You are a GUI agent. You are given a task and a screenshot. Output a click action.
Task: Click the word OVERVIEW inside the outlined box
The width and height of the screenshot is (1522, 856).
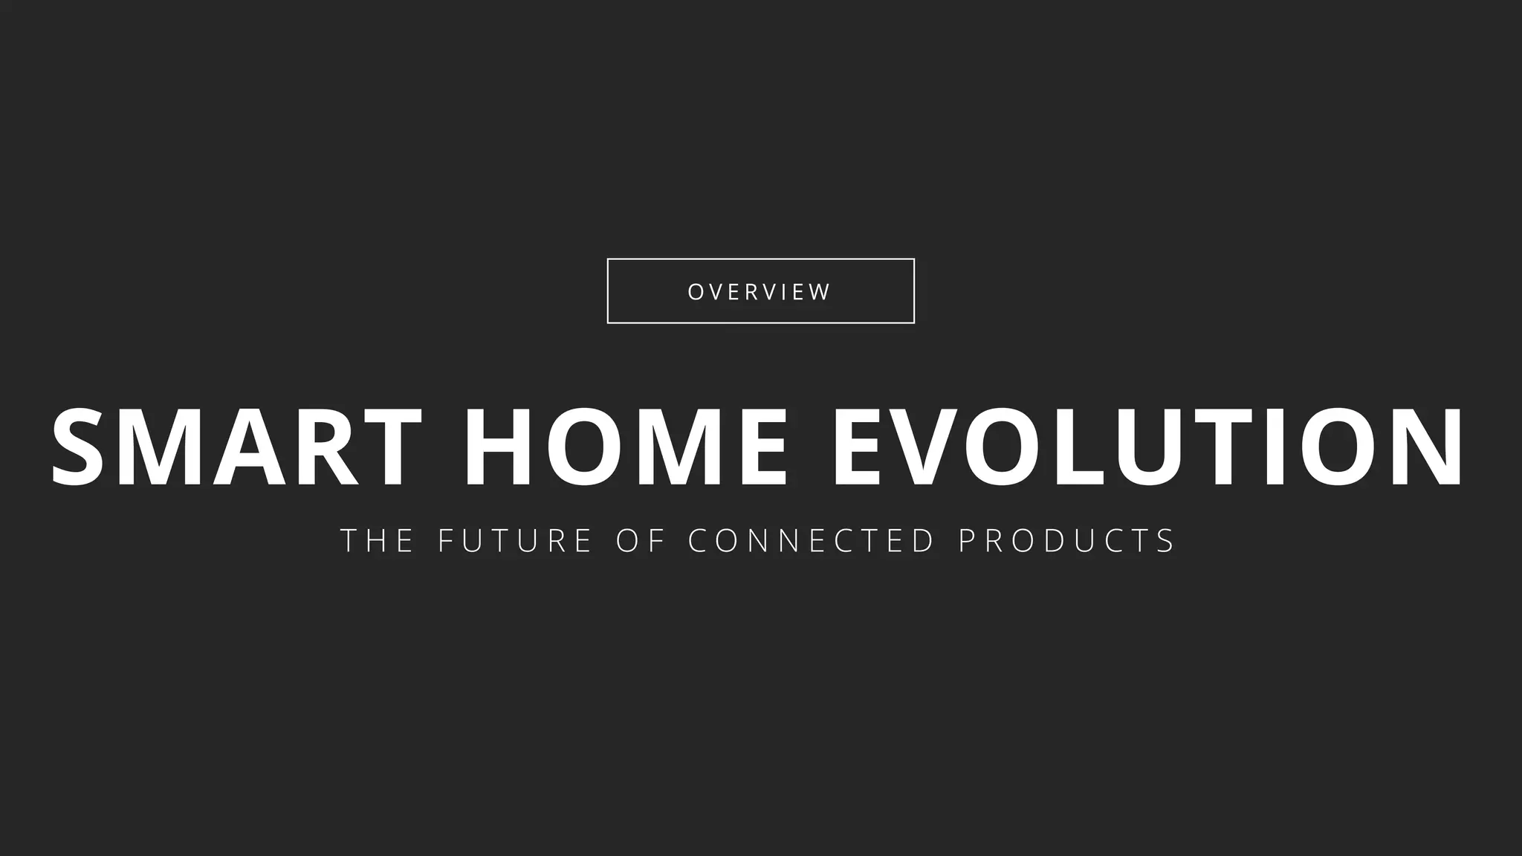(760, 292)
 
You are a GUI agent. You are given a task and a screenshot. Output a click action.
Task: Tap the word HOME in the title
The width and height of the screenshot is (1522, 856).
(626, 448)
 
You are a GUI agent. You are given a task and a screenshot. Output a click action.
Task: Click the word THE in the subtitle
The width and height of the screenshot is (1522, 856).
(377, 540)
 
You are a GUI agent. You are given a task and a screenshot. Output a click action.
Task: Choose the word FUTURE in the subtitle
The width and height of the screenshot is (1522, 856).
(515, 540)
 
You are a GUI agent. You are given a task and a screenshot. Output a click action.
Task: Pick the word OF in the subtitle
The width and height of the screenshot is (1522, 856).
(640, 540)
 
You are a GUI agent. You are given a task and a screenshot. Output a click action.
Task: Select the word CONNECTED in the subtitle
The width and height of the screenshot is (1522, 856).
(812, 540)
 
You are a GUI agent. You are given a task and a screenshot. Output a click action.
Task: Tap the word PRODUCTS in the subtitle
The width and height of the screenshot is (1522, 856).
(1066, 540)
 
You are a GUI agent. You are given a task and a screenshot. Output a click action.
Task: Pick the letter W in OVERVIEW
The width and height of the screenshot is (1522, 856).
(818, 292)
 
